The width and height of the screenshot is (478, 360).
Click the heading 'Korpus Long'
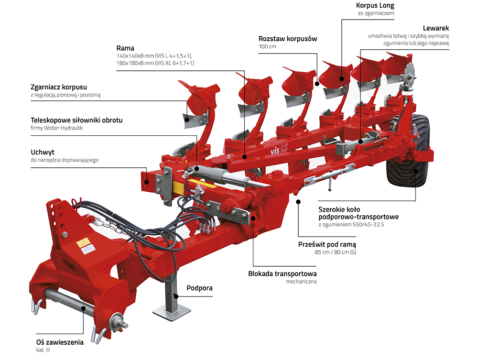(375, 6)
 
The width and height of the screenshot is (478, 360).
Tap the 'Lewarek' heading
(436, 28)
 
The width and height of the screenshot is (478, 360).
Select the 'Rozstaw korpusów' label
(288, 38)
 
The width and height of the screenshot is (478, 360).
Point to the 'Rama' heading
(125, 48)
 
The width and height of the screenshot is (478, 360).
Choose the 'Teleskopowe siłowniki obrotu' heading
(76, 120)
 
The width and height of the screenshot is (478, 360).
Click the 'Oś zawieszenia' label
(60, 342)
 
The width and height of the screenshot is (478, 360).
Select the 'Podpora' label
(199, 288)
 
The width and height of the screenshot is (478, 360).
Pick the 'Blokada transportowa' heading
(282, 273)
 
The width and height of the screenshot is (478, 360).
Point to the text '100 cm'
(267, 46)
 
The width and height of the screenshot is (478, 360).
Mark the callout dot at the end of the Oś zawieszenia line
(84, 309)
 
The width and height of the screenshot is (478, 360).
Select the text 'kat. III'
(43, 350)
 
